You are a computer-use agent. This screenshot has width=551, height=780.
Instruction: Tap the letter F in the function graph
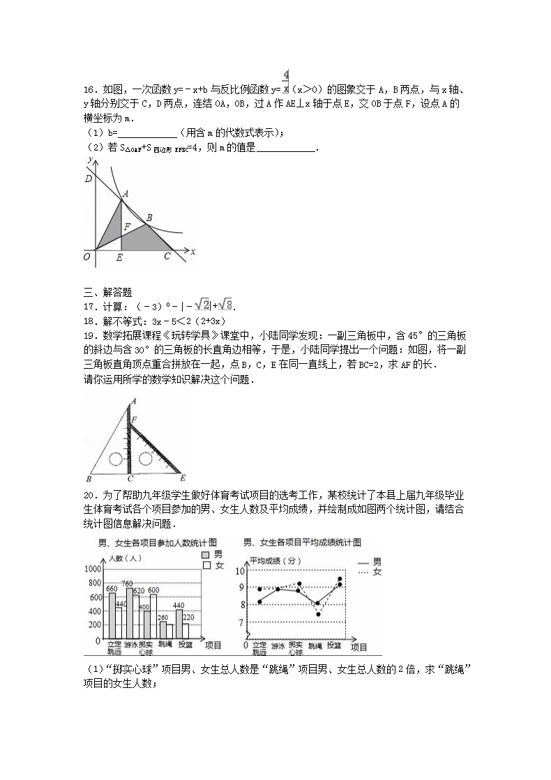point(127,226)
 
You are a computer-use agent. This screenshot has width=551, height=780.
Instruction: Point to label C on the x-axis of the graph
point(167,257)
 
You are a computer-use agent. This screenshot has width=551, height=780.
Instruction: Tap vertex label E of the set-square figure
point(182,478)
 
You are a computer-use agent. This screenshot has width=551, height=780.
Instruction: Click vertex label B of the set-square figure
point(89,479)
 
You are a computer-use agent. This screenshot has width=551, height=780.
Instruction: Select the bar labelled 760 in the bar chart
point(130,613)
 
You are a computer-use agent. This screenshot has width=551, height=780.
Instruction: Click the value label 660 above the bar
point(111,589)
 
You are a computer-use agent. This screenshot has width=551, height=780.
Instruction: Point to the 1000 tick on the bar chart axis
point(92,569)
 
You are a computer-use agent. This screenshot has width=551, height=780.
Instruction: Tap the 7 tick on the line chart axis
point(241,622)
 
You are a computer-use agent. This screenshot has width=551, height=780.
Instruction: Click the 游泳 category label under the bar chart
point(129,645)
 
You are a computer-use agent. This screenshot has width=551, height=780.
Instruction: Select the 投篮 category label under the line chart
point(333,645)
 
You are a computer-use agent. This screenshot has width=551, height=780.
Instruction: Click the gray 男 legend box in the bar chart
point(206,554)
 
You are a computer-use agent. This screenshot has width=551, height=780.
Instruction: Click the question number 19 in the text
point(88,335)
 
